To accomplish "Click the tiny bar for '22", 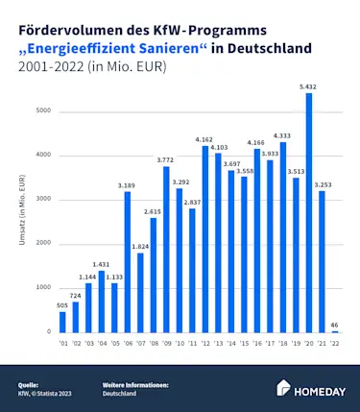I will click(335, 331).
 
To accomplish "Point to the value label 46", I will click(335, 324).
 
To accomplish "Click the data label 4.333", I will click(283, 135).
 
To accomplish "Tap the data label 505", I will click(62, 304).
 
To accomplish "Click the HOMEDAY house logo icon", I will click(284, 387).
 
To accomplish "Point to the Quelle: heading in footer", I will click(28, 384).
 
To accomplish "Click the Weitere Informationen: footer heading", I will click(135, 384).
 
